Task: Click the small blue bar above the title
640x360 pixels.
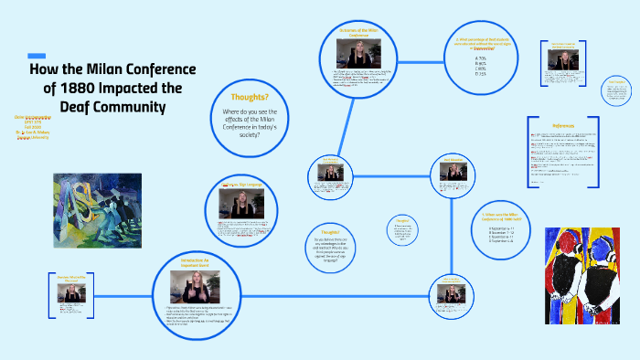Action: (37, 55)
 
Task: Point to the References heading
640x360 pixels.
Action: (563, 125)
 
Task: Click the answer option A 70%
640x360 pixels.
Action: (481, 58)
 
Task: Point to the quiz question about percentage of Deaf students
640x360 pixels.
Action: (481, 43)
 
